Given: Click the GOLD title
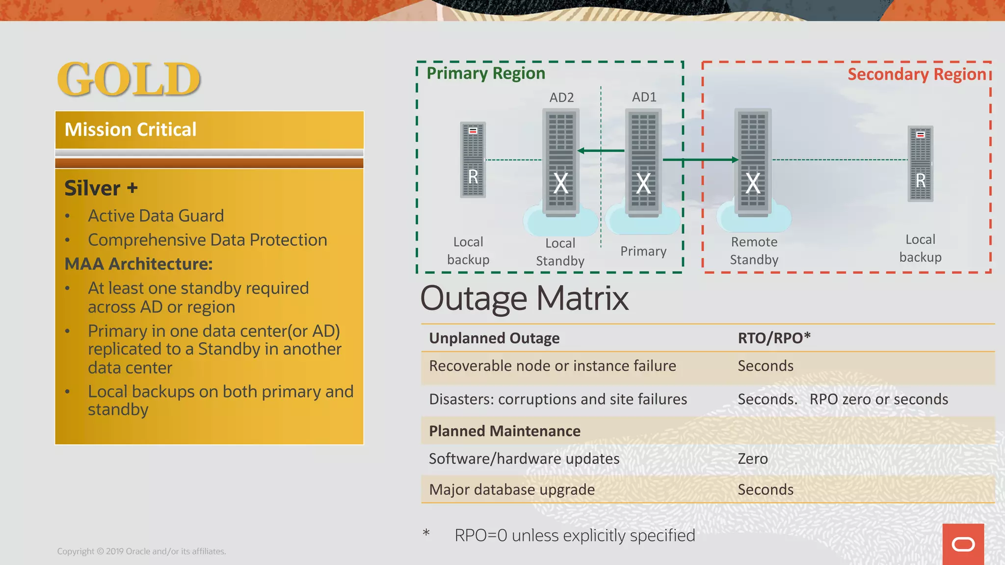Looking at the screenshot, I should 129,79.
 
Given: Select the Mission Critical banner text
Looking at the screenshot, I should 131,129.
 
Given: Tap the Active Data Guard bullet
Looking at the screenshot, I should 156,216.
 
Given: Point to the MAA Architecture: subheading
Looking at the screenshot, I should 138,264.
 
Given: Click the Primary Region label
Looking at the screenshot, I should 485,73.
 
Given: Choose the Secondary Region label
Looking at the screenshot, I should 916,74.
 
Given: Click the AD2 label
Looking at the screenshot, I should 561,97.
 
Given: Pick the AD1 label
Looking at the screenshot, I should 644,97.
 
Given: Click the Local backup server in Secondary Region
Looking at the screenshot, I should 920,164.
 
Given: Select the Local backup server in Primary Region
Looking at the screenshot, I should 473,160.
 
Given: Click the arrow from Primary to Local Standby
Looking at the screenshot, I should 602,151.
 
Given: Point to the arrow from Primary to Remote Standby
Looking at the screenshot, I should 700,160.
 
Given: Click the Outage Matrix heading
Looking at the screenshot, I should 524,298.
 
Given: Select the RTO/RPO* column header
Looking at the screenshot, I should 774,338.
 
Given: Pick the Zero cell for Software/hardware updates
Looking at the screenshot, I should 753,459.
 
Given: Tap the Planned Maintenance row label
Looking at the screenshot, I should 504,431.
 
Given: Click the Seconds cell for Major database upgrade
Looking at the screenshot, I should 766,489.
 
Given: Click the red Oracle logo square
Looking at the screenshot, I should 963,544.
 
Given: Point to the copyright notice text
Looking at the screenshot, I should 141,551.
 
